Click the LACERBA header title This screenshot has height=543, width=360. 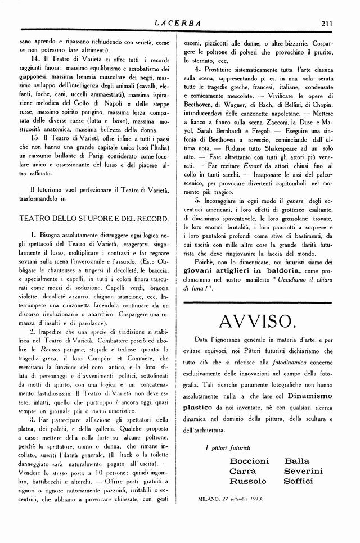pos(179,23)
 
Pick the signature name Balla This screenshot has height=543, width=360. pos(298,461)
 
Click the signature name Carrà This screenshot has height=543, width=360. pos(243,471)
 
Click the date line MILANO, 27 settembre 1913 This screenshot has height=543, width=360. pos(231,498)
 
